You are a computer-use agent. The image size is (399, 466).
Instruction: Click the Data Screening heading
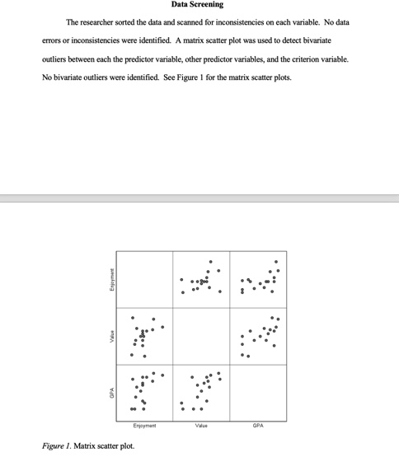pos(198,5)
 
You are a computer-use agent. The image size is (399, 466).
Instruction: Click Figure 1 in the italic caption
pos(56,445)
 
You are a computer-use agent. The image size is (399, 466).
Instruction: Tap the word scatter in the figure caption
pos(109,445)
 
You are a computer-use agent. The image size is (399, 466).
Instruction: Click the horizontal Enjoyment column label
pos(144,425)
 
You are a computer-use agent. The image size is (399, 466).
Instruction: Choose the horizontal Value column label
pos(201,425)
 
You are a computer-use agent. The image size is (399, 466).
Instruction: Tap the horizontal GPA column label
pos(258,425)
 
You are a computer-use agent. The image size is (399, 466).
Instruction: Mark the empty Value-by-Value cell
pos(201,335)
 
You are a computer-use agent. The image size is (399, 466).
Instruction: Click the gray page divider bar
pos(199,198)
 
